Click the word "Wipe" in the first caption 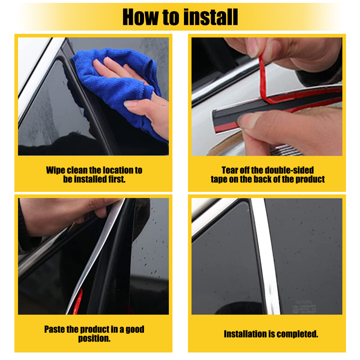tap(56, 170)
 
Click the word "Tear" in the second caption tap(230, 170)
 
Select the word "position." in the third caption tap(94, 338)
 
